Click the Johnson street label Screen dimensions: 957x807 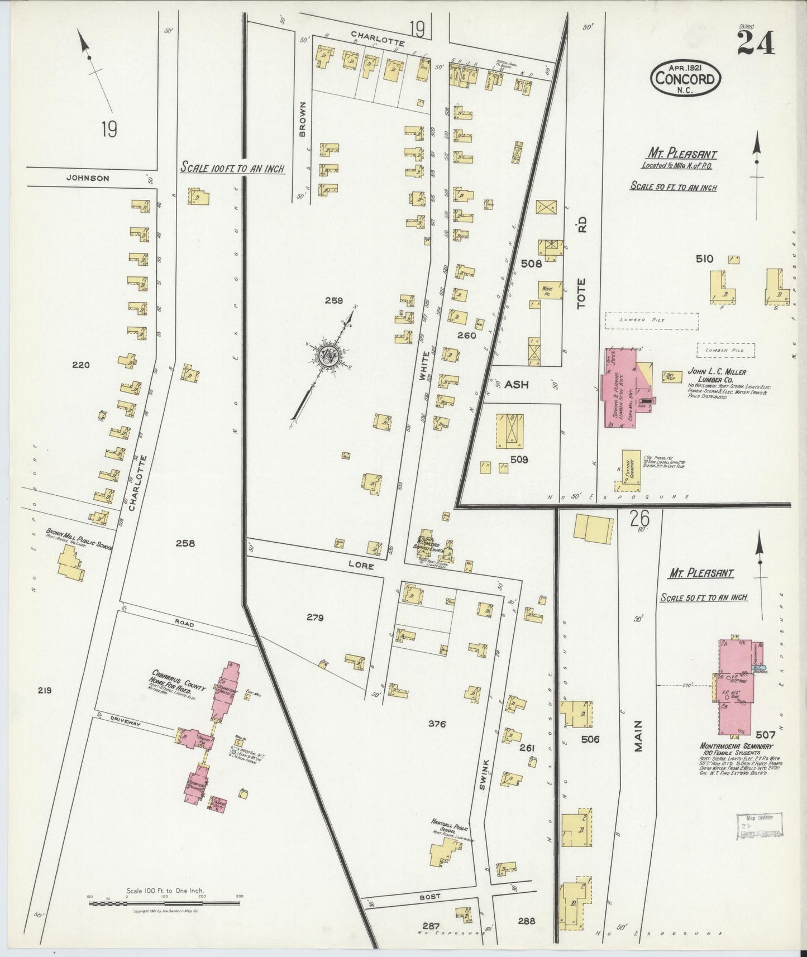coord(87,179)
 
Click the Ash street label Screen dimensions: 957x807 coord(516,385)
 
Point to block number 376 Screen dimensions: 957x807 coord(437,725)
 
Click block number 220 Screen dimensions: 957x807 coord(80,366)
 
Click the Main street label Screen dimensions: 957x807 coord(639,735)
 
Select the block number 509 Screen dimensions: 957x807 coord(518,461)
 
